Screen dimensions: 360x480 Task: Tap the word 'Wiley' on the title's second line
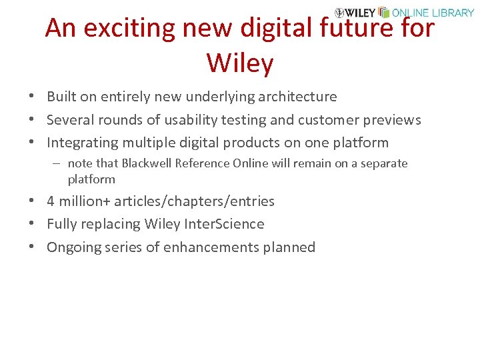240,63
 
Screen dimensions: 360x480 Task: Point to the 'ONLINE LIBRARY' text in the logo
433,13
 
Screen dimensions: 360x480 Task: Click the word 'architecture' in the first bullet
296,97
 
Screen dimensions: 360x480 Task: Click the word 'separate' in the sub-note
384,163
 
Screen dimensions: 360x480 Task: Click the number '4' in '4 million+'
51,201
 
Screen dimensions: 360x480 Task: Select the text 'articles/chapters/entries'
194,201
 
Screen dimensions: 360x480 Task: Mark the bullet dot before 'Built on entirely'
32,97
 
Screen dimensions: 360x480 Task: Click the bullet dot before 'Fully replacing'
32,225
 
